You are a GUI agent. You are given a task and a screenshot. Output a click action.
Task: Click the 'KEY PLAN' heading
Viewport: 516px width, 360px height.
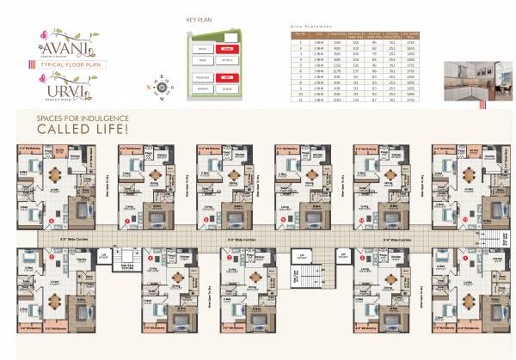tap(200, 17)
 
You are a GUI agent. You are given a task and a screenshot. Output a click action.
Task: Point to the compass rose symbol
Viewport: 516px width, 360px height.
tap(161, 87)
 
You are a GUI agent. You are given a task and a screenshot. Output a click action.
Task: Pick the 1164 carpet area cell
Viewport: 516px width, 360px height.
tap(328, 41)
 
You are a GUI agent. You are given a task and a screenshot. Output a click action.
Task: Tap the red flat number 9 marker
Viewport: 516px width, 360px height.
tap(283, 220)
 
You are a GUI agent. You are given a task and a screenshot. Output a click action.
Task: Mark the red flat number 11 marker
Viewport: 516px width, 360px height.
tap(464, 220)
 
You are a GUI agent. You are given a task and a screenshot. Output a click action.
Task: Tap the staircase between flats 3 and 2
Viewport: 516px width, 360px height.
tap(304, 278)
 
